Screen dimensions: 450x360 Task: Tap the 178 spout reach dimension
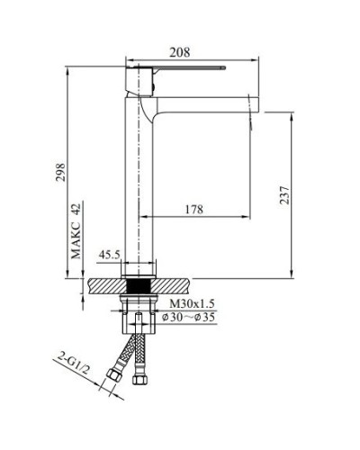click(191, 210)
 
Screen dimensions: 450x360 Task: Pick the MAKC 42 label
click(77, 229)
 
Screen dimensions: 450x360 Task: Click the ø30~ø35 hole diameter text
click(191, 317)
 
